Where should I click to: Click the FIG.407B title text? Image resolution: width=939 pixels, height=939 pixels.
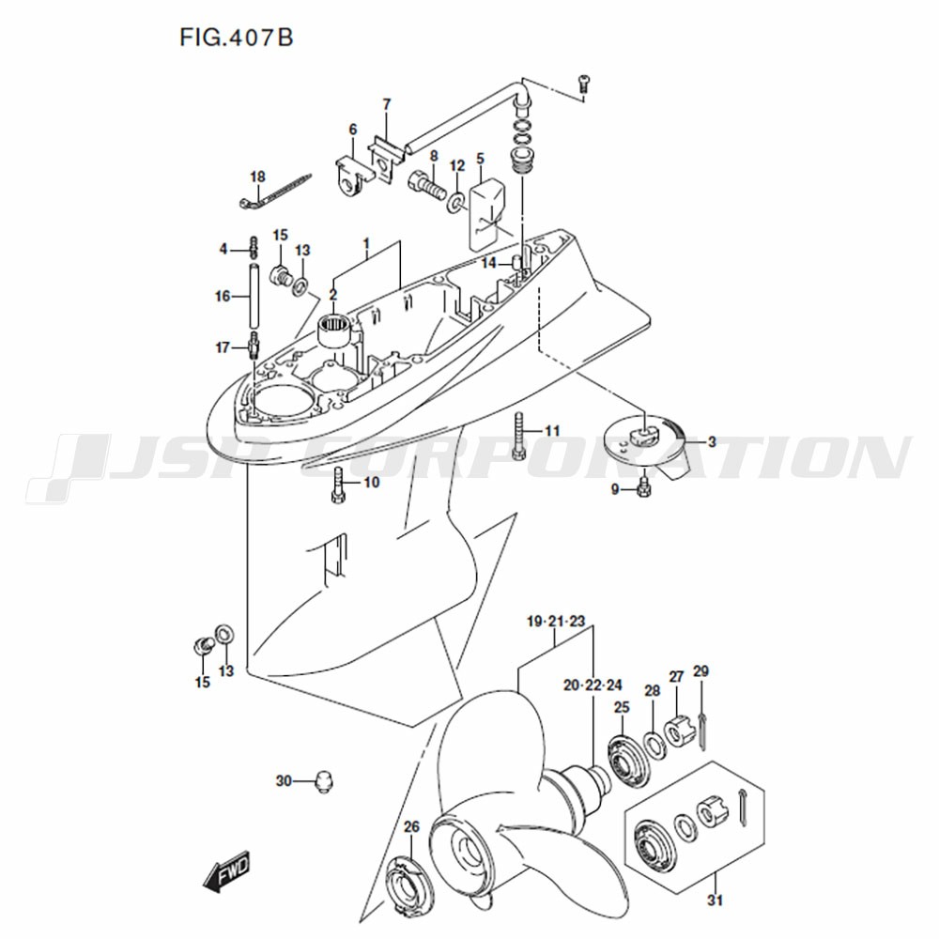(236, 38)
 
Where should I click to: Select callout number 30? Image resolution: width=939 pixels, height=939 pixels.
(284, 781)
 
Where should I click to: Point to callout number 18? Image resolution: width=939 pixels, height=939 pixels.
(257, 177)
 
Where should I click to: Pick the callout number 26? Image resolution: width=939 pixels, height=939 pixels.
(411, 827)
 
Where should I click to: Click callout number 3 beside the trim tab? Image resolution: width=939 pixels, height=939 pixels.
(712, 442)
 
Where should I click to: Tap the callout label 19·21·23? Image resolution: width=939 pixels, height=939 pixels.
(556, 621)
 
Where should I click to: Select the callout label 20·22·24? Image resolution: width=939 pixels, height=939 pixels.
(593, 685)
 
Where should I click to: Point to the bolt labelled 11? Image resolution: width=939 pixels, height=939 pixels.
(518, 436)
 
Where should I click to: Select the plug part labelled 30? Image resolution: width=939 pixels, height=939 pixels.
(324, 781)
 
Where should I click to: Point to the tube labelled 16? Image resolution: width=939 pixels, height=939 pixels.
(254, 298)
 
